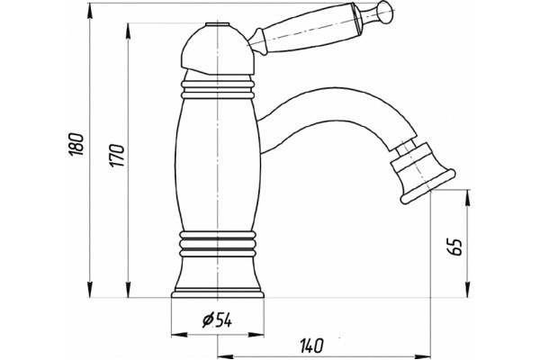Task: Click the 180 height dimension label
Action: tap(76, 144)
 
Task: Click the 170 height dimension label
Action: tap(117, 156)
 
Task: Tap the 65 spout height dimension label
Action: tap(455, 247)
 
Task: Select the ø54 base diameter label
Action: tap(217, 320)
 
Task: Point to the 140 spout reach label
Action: tap(311, 346)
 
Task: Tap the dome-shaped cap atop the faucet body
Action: tap(218, 49)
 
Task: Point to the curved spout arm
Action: tap(330, 117)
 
